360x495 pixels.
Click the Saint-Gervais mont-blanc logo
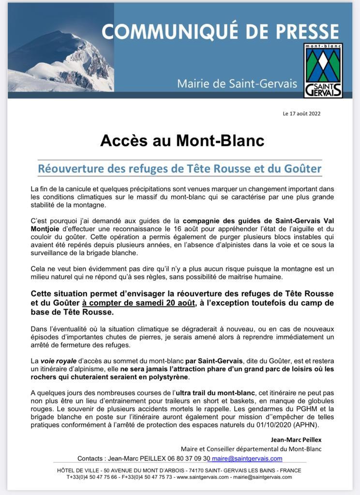coord(323,70)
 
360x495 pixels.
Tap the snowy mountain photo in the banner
coord(60,60)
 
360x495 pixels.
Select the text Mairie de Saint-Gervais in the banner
coord(237,83)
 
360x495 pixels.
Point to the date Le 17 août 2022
coord(301,114)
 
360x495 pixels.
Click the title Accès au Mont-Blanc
coord(182,141)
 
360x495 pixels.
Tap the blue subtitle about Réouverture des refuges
coord(180,169)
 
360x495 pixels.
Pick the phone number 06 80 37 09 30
coord(184,458)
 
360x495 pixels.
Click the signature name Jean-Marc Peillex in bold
coord(296,439)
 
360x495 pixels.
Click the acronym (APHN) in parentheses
coord(310,425)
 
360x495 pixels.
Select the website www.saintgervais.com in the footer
coord(202,477)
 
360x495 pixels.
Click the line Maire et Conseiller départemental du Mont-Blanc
coord(251,449)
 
